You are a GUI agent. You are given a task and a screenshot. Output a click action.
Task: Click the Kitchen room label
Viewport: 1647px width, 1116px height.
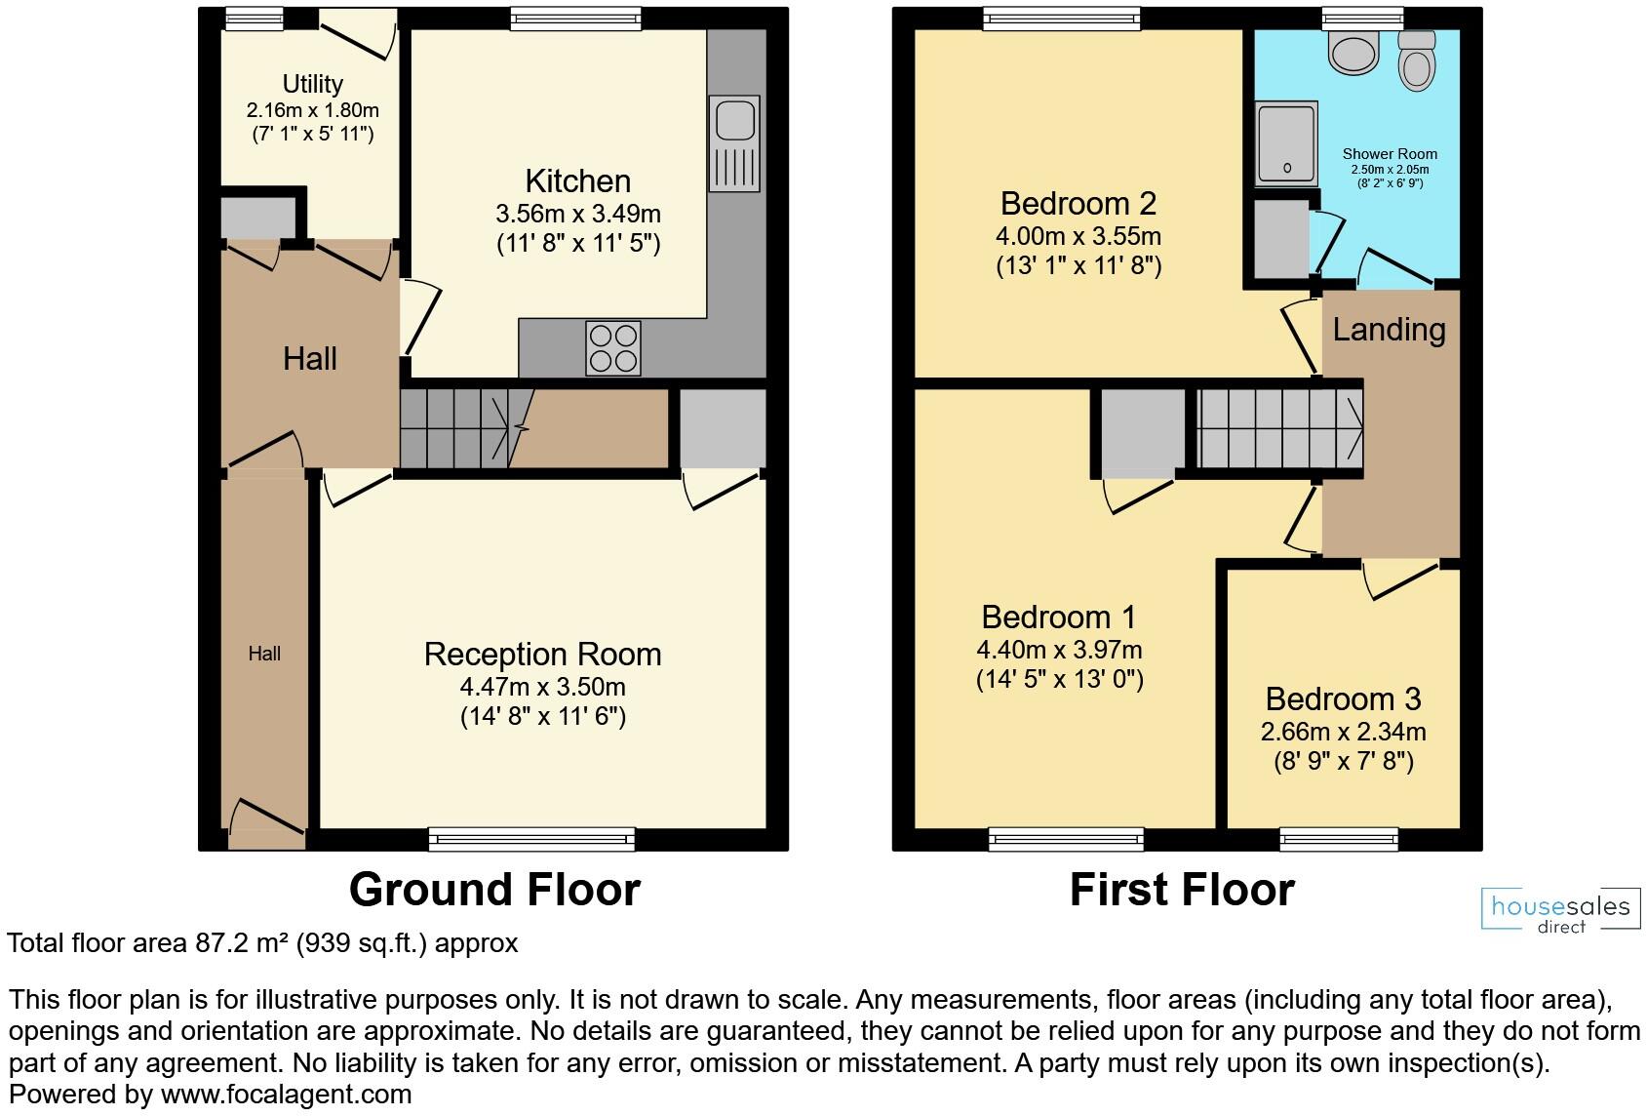tap(577, 181)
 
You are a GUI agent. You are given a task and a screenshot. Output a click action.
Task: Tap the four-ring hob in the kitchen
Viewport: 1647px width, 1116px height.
tap(613, 348)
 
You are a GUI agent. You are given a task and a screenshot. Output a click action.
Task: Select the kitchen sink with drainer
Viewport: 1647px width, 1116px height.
tap(734, 142)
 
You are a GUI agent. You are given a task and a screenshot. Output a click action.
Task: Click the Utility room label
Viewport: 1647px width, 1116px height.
tap(312, 84)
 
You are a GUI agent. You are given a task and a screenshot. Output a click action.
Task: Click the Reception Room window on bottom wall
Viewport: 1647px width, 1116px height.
tap(531, 838)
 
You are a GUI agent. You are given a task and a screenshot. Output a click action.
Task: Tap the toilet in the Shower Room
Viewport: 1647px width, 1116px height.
tap(1417, 60)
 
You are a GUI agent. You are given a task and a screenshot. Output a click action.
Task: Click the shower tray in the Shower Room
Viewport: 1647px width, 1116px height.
tap(1286, 143)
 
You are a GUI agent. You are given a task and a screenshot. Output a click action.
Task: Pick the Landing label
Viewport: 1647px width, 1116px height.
tap(1389, 330)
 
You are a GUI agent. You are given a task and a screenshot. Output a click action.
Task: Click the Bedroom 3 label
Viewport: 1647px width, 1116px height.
tap(1343, 699)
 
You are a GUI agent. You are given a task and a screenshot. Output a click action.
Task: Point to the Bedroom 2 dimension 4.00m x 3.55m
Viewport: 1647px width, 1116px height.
tap(1078, 236)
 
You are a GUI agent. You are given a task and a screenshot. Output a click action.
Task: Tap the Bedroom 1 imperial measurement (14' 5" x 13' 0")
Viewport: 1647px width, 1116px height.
tap(1059, 679)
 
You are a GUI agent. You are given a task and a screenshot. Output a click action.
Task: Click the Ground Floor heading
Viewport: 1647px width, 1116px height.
tap(494, 890)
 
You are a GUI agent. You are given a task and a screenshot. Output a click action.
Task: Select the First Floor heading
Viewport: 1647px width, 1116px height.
tap(1182, 890)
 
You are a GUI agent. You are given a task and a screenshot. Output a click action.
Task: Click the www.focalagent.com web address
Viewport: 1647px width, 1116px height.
tap(286, 1095)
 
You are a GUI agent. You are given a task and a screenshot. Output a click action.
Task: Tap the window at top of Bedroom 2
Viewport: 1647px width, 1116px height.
tap(1062, 17)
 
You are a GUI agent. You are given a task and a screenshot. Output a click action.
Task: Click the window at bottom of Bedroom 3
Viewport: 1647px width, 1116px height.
tap(1339, 838)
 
